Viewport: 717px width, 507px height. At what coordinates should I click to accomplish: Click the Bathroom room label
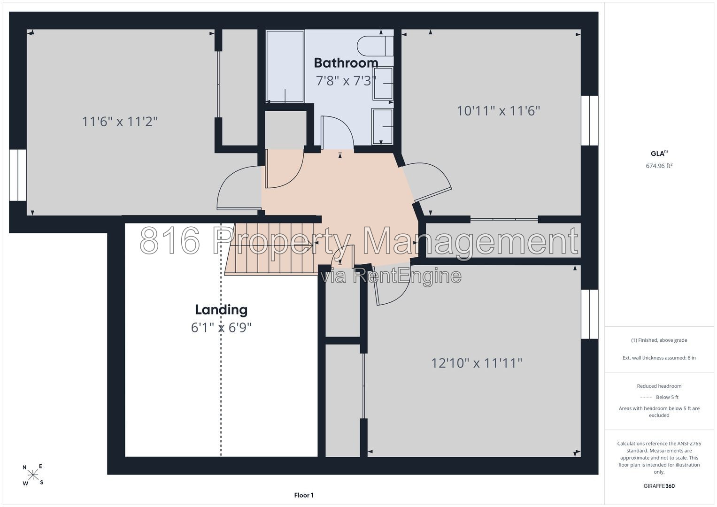pyautogui.click(x=346, y=63)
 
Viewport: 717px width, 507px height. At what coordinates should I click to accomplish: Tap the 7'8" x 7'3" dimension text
pyautogui.click(x=346, y=81)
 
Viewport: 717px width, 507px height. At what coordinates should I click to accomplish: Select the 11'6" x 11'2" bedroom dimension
pyautogui.click(x=120, y=122)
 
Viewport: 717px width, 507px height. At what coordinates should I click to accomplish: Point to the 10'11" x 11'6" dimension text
pyautogui.click(x=498, y=111)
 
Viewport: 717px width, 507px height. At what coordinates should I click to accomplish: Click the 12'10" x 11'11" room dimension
pyautogui.click(x=477, y=363)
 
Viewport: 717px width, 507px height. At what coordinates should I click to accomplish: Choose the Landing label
pyautogui.click(x=221, y=310)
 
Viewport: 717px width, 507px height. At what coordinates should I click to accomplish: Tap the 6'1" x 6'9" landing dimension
pyautogui.click(x=221, y=328)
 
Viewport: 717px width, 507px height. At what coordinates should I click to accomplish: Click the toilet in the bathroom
pyautogui.click(x=375, y=46)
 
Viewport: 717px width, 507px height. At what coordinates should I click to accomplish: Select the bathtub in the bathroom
pyautogui.click(x=285, y=66)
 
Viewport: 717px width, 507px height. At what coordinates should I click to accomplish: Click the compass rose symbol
pyautogui.click(x=33, y=475)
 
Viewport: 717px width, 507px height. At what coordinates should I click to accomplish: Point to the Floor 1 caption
pyautogui.click(x=304, y=495)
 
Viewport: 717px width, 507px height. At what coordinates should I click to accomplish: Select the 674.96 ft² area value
pyautogui.click(x=659, y=166)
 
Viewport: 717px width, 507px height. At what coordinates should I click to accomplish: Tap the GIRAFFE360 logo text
pyautogui.click(x=659, y=486)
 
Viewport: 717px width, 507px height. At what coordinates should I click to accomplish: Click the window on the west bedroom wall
pyautogui.click(x=17, y=175)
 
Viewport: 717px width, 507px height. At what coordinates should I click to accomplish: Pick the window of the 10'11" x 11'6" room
pyautogui.click(x=590, y=120)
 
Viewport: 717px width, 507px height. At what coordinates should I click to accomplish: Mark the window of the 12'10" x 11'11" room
pyautogui.click(x=590, y=315)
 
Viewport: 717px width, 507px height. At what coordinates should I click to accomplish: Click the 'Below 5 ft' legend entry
pyautogui.click(x=659, y=397)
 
